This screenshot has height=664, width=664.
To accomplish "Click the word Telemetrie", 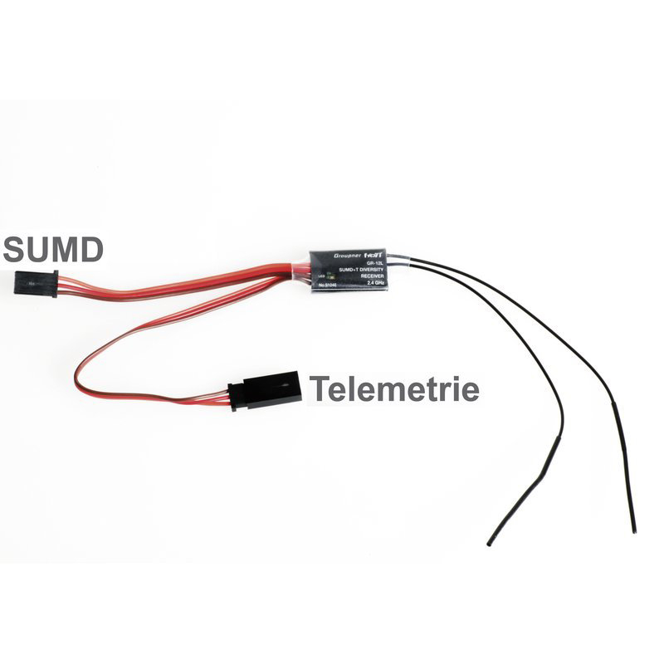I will (394, 388).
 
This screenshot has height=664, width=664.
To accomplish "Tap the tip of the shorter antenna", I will (489, 544).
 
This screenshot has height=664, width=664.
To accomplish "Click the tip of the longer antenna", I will (634, 530).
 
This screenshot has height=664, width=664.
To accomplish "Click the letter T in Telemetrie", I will (318, 388).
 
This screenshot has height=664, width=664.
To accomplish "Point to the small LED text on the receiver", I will (320, 275).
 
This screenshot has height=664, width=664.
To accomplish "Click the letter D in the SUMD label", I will (90, 248).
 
